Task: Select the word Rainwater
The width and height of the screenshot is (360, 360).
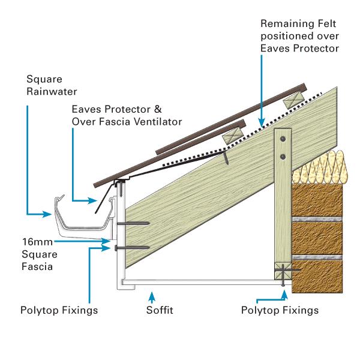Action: point(48,92)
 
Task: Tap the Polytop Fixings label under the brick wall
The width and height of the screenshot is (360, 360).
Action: point(280,311)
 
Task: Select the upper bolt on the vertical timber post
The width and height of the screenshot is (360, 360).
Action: point(283,140)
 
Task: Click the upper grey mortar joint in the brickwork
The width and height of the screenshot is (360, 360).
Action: point(317,220)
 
